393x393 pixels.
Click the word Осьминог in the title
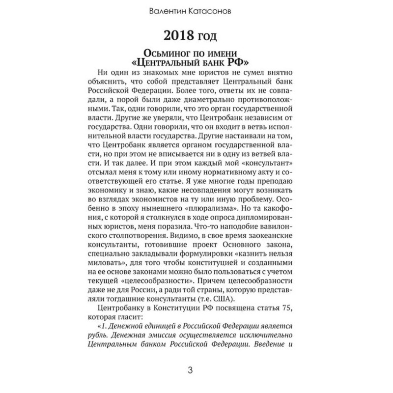coord(162,53)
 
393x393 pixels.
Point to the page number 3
coord(196,369)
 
